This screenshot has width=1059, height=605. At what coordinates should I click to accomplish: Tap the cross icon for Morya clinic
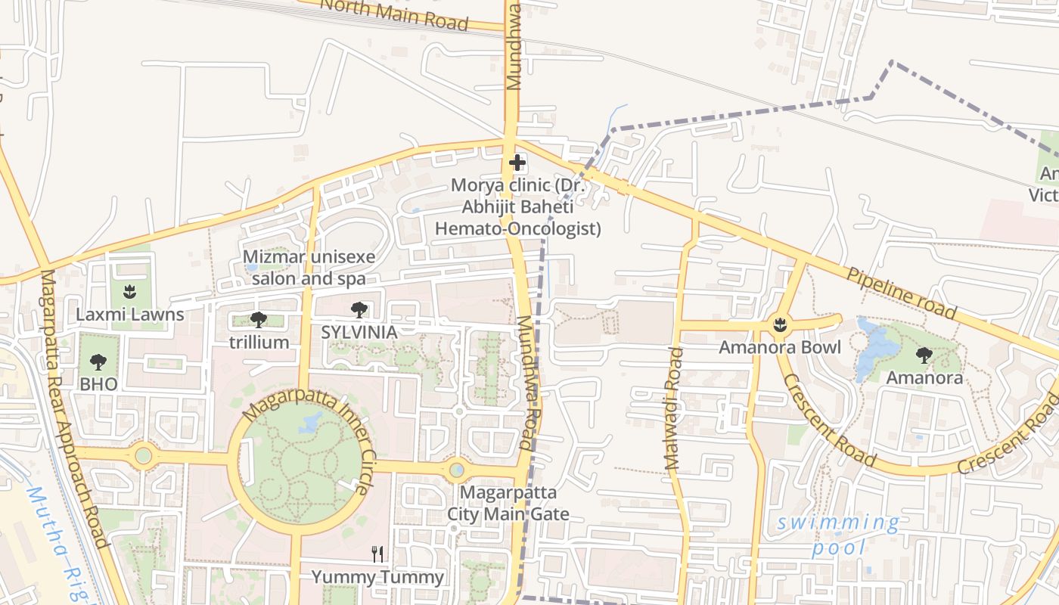[517, 163]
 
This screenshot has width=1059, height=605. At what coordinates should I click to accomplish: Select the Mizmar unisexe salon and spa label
[309, 268]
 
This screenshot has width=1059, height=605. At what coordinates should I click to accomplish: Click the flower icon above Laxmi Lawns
[129, 290]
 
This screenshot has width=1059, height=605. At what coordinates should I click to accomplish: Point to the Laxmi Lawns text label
[129, 314]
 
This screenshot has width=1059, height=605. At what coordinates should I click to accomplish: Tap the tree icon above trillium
[259, 319]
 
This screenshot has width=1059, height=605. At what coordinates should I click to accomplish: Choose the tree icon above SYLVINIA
[359, 309]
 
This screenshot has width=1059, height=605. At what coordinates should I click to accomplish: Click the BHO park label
[98, 384]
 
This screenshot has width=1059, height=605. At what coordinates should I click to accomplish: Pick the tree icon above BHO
[98, 361]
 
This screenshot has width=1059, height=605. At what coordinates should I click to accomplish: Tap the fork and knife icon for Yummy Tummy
[377, 554]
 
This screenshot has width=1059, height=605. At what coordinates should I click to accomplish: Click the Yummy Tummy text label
[377, 578]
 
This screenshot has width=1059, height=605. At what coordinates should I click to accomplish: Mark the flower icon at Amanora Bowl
[779, 325]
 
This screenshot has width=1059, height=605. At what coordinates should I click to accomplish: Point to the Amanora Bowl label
[779, 348]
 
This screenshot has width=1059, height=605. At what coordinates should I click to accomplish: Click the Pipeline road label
[901, 293]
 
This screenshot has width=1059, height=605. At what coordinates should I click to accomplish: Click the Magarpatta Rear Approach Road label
[73, 408]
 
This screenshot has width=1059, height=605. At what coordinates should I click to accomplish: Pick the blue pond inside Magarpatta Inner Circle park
[310, 423]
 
